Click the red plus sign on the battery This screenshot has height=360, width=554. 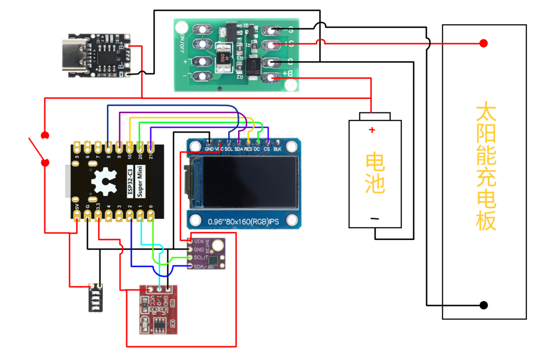(371, 130)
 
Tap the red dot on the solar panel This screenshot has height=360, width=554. (484, 43)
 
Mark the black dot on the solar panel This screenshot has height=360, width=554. (484, 305)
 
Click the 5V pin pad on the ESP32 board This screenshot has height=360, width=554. (77, 216)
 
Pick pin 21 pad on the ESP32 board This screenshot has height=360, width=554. (150, 146)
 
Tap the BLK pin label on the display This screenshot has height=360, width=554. (277, 149)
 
